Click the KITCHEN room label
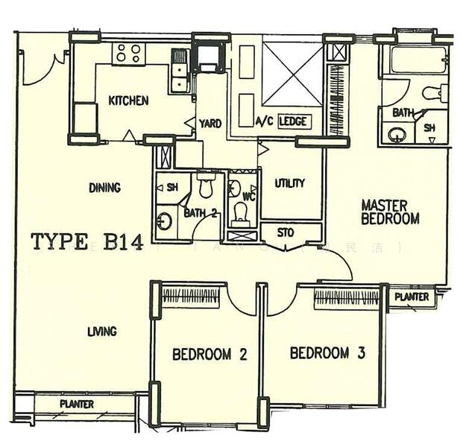pos(128,101)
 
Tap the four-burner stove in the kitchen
pos(127,54)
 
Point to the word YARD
pos(210,123)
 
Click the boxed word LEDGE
pos(295,121)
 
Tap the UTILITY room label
pos(289,183)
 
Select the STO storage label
pos(286,232)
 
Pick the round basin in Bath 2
pos(165,221)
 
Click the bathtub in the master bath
pos(418,60)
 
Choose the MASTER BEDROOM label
pos(390,212)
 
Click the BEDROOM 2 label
pos(210,355)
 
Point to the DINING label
pos(104,188)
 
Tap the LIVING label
pos(102,331)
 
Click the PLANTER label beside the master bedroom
pos(412,297)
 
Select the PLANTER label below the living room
pos(77,405)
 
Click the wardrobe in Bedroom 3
pos(346,298)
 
